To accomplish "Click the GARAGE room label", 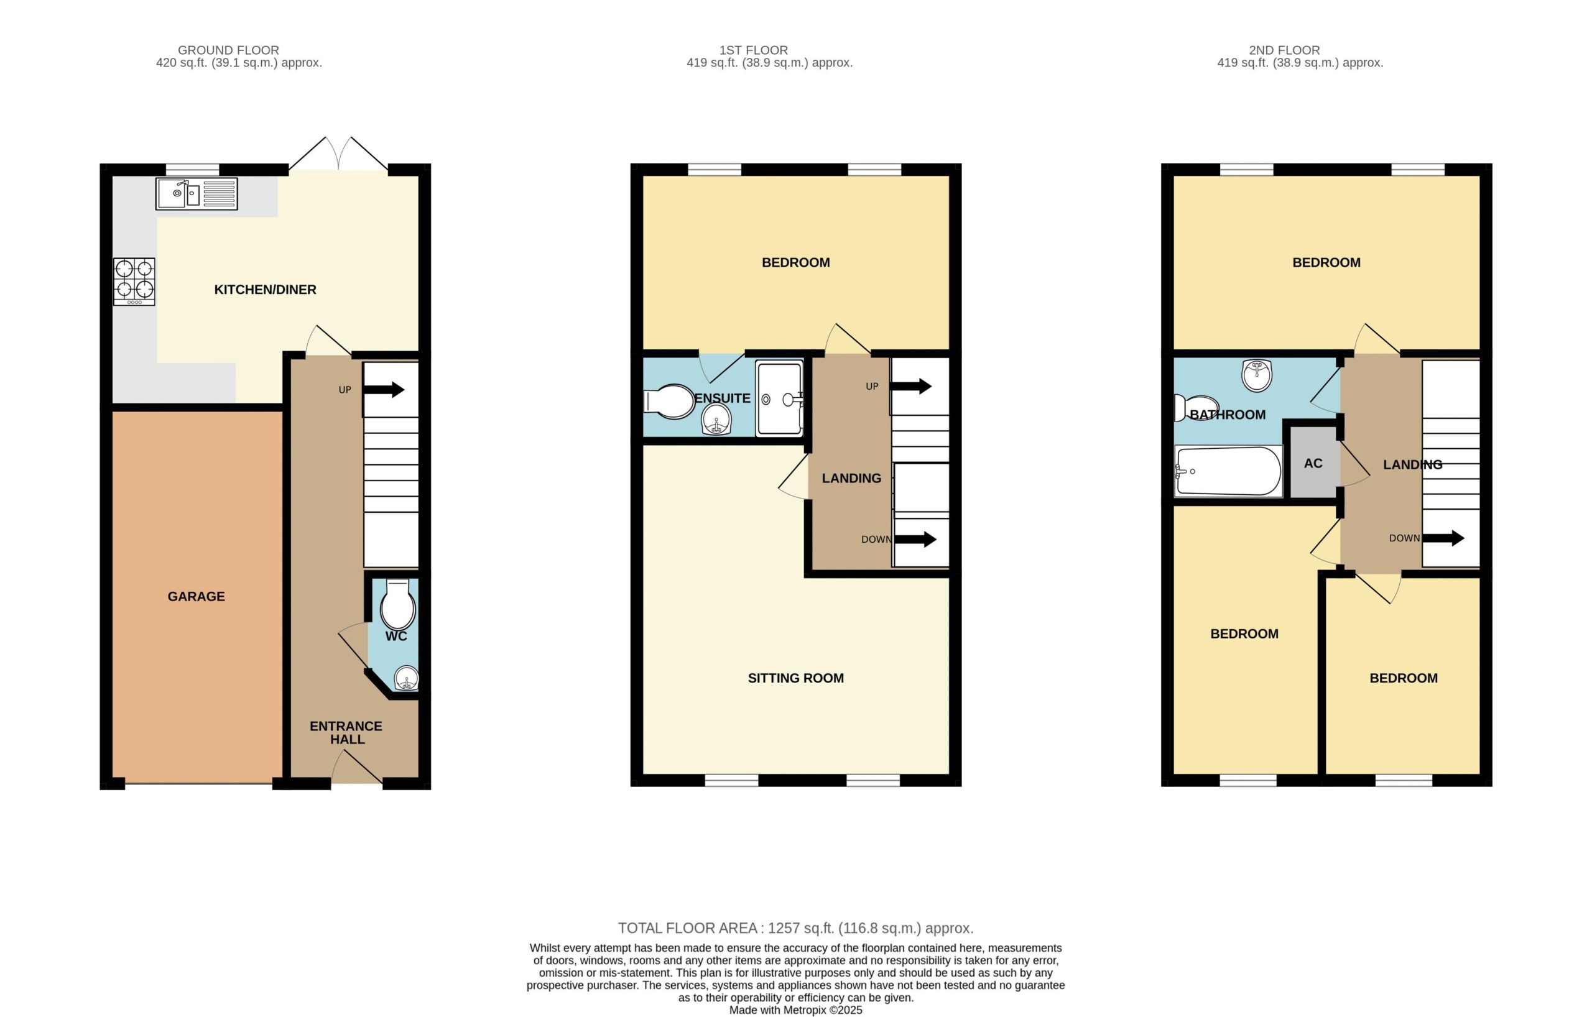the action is pyautogui.click(x=197, y=596).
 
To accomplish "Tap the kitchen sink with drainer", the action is pyautogui.click(x=197, y=193).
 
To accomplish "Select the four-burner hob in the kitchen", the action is pyautogui.click(x=134, y=282).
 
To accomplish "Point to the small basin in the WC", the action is pyautogui.click(x=407, y=678).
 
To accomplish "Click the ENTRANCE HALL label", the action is pyautogui.click(x=346, y=732).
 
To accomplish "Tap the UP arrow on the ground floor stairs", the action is pyautogui.click(x=384, y=389).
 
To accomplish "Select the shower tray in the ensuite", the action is pyautogui.click(x=780, y=398).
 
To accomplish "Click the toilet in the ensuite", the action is pyautogui.click(x=669, y=402).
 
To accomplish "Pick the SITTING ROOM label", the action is pyautogui.click(x=795, y=678).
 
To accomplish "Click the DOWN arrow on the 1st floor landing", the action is pyautogui.click(x=915, y=539).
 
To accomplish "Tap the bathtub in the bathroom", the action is pyautogui.click(x=1228, y=471).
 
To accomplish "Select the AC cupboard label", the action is pyautogui.click(x=1313, y=463).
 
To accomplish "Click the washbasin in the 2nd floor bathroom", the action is pyautogui.click(x=1257, y=375).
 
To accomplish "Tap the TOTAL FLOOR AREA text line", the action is pyautogui.click(x=796, y=927).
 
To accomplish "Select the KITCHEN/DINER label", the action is pyautogui.click(x=265, y=290).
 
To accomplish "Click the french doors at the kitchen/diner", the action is pyautogui.click(x=338, y=154).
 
